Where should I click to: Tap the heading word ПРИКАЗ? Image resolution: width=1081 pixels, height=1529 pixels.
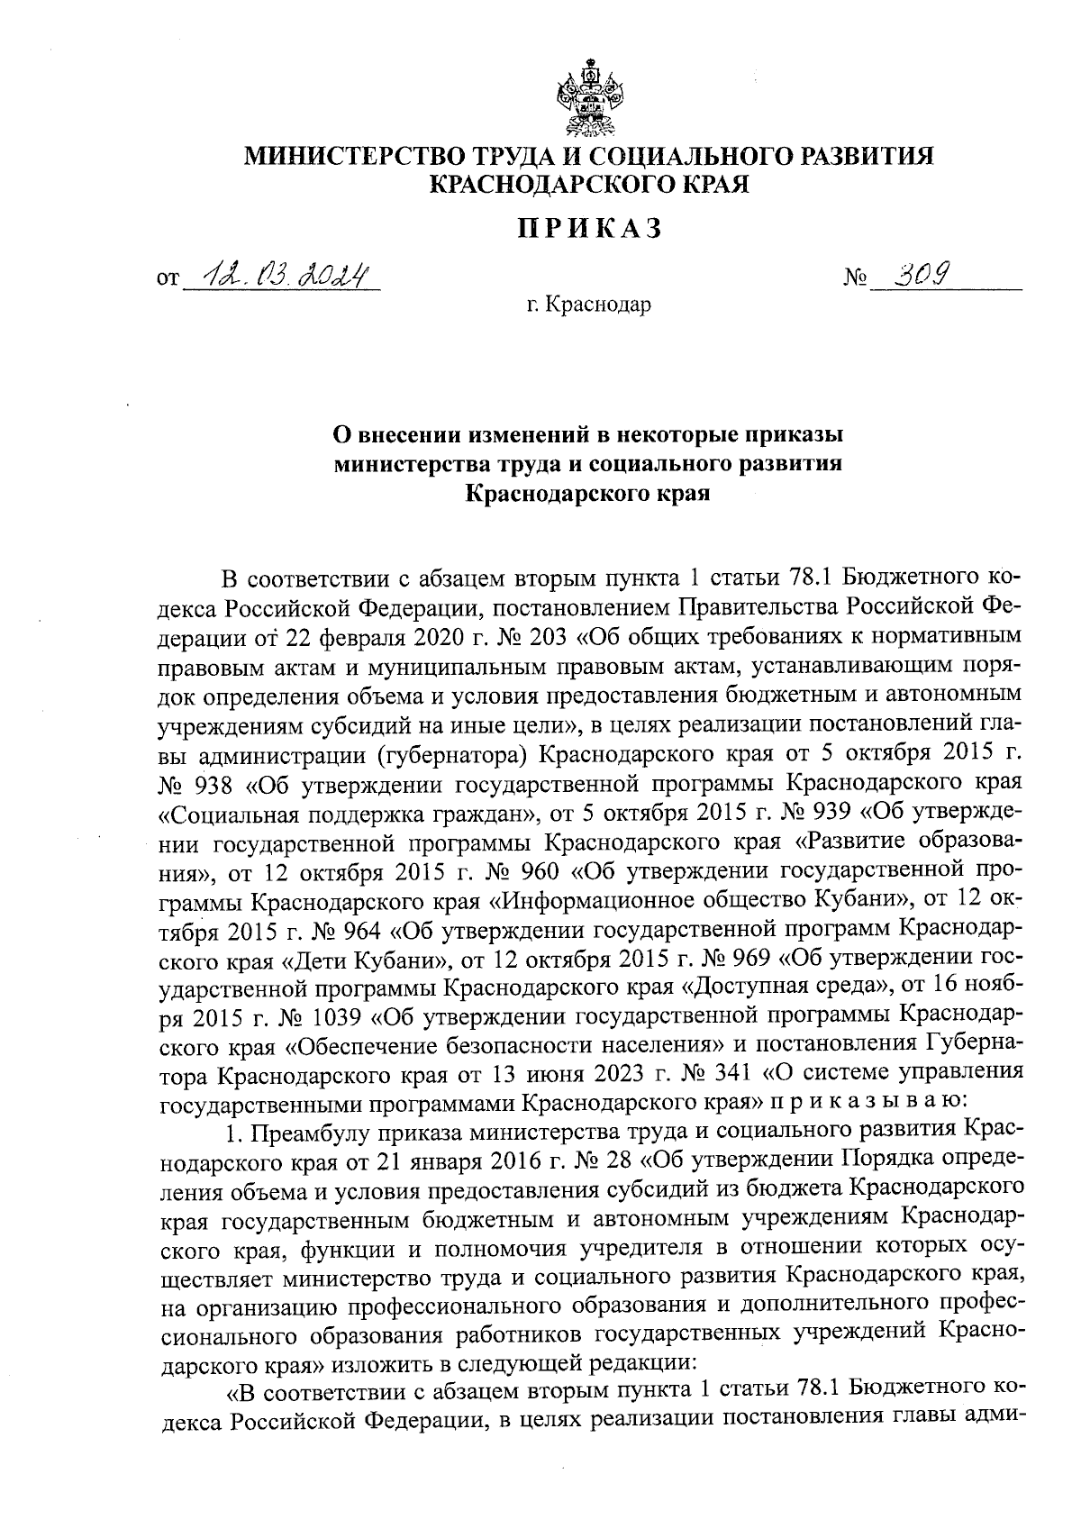pos(590,229)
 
